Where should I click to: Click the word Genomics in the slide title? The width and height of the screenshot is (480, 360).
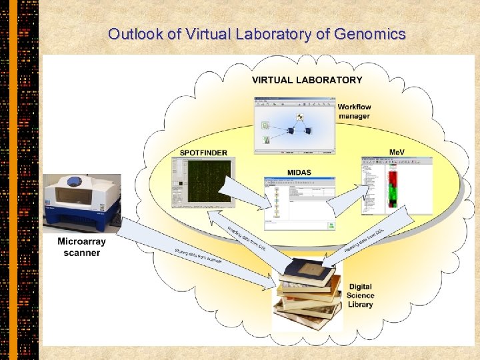(371, 34)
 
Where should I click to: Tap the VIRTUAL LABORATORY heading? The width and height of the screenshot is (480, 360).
(307, 80)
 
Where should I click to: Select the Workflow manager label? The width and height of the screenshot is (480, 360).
(354, 111)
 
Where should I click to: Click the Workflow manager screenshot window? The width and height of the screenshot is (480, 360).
(293, 126)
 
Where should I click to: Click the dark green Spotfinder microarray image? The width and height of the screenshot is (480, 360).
(207, 181)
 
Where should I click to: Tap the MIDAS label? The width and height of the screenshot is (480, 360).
(299, 173)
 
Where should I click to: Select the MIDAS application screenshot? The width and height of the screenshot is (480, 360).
(299, 202)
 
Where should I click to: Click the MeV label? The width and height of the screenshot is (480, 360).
(397, 153)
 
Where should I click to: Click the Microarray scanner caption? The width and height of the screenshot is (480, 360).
(81, 247)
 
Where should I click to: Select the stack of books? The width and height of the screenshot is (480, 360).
(308, 293)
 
